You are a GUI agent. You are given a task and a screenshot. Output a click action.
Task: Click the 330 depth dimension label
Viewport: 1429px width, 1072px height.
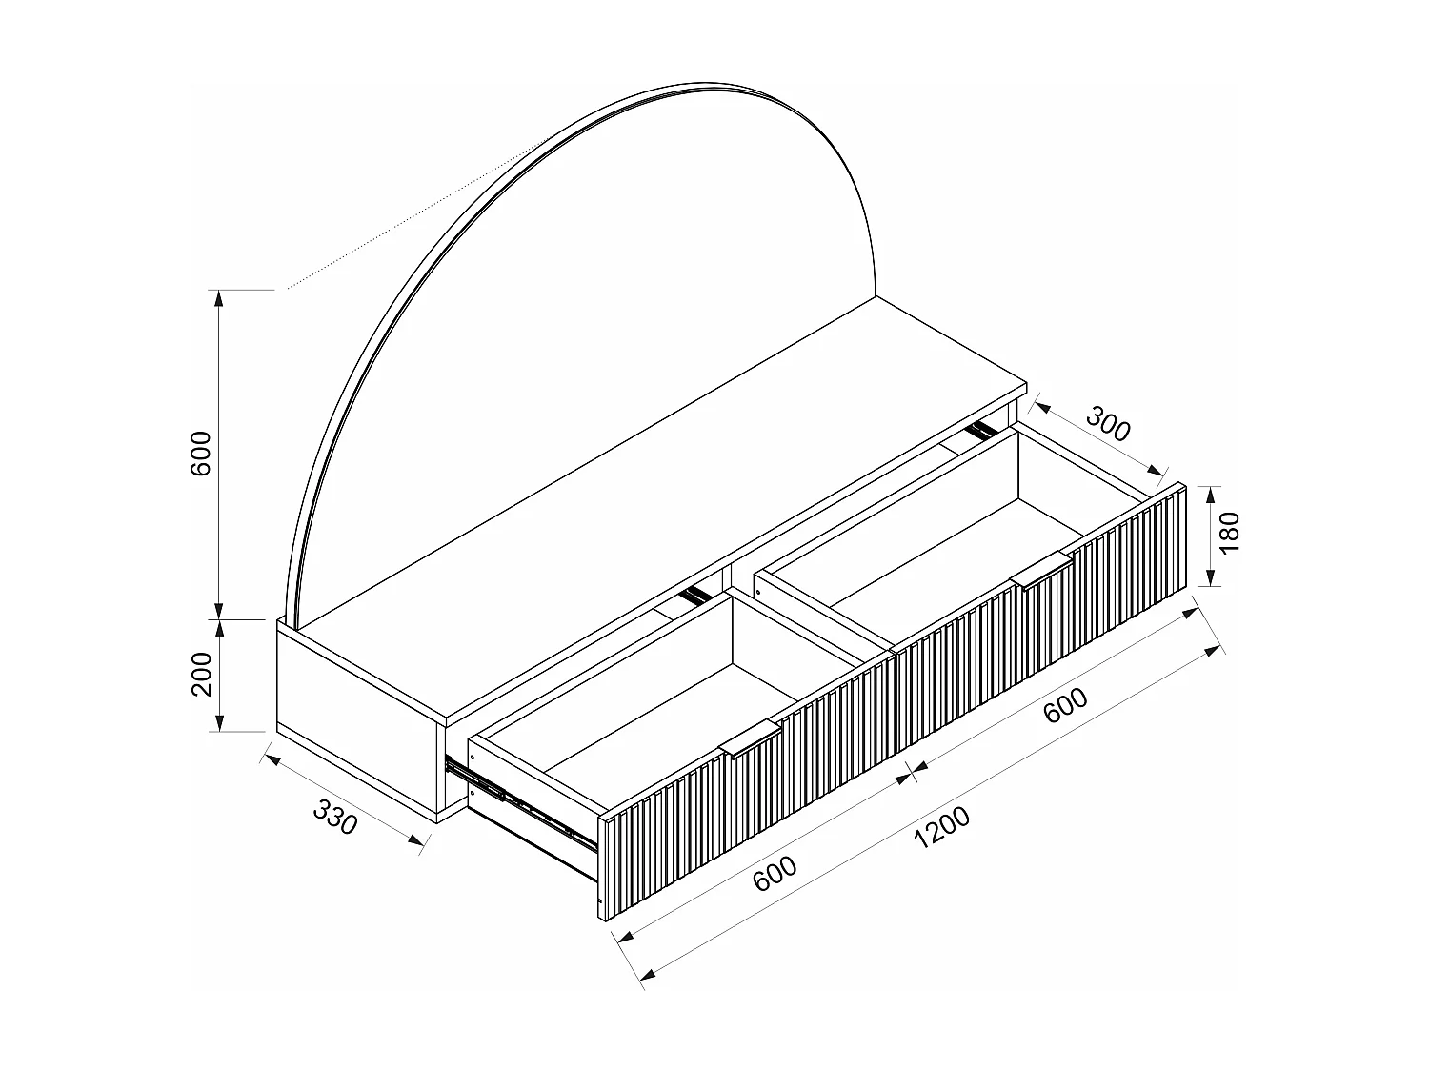pyautogui.click(x=335, y=818)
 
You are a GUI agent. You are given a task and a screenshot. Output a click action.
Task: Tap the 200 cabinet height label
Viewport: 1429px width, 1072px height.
pyautogui.click(x=203, y=676)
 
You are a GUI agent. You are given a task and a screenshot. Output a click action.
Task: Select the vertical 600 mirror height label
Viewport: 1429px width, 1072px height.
pyautogui.click(x=201, y=455)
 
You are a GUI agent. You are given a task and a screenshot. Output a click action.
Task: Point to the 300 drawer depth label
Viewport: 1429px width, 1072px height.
pyautogui.click(x=1108, y=424)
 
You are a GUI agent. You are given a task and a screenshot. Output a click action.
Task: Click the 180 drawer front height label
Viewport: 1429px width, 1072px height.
pyautogui.click(x=1230, y=533)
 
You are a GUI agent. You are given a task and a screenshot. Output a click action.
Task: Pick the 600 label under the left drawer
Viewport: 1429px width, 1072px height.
pyautogui.click(x=775, y=874)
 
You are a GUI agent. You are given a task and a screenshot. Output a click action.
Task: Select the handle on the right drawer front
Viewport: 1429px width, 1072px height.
pyautogui.click(x=1041, y=570)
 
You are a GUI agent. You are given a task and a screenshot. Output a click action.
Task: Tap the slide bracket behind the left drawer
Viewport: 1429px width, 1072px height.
pyautogui.click(x=694, y=597)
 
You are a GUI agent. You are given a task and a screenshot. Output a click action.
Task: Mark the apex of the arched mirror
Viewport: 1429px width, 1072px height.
pyautogui.click(x=705, y=84)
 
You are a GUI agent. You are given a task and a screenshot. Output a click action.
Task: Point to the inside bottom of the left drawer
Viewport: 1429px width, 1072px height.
pyautogui.click(x=667, y=724)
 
